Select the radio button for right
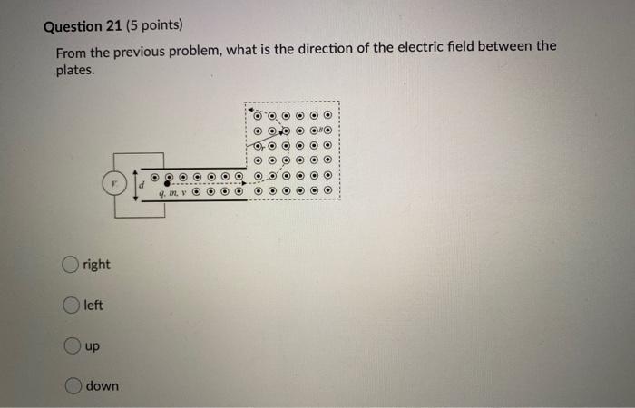coord(71,265)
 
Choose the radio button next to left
coord(71,306)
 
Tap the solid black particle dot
coord(166,184)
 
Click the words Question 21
coord(86,26)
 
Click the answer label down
coord(103,386)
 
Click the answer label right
coord(96,265)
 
